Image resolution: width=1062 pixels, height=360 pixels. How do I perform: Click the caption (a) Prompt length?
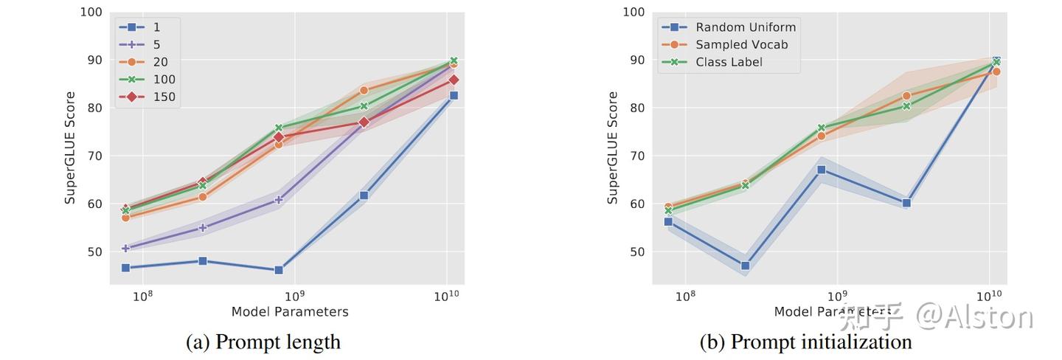click(263, 342)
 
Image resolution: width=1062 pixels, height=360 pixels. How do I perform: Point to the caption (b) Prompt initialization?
click(806, 342)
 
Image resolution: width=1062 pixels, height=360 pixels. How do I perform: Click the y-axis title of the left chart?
click(70, 148)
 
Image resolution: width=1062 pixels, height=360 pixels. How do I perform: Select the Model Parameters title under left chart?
click(290, 311)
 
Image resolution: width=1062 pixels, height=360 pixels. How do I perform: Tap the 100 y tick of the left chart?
click(91, 13)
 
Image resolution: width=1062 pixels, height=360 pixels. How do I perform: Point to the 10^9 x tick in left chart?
click(294, 295)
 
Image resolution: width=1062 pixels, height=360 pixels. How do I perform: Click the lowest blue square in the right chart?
click(745, 266)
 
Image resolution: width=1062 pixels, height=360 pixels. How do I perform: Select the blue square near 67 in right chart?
click(821, 170)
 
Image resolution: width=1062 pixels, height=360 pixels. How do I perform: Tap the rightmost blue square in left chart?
click(454, 95)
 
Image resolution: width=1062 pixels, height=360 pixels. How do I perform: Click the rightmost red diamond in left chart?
click(454, 80)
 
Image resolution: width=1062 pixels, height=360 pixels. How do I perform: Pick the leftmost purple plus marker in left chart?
click(125, 248)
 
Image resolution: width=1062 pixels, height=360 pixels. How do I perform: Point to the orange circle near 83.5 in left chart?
click(364, 91)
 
